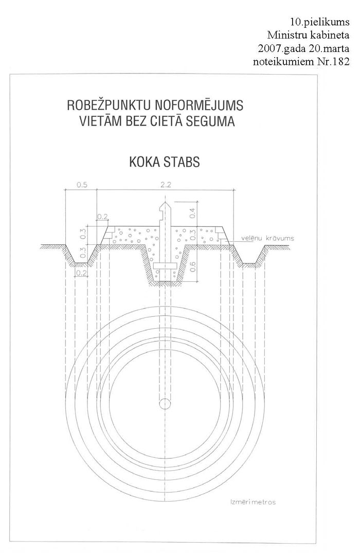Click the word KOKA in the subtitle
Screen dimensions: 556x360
point(143,162)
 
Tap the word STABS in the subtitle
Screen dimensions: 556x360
point(182,162)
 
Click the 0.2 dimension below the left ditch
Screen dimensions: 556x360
point(81,273)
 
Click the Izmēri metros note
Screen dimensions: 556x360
point(253,502)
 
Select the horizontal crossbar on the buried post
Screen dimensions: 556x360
point(165,266)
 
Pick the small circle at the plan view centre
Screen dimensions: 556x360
point(165,403)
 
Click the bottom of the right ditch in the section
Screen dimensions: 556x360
point(249,264)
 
